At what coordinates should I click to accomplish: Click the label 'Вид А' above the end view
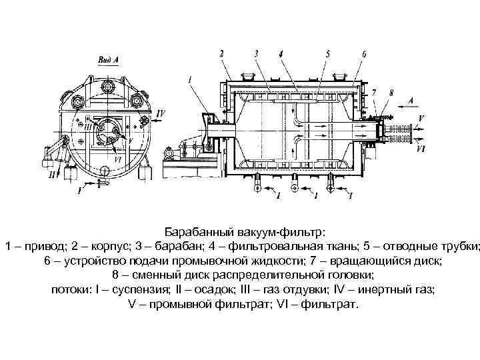click(x=108, y=59)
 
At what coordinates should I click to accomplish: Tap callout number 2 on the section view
click(x=222, y=53)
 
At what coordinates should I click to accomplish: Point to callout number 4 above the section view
click(x=281, y=53)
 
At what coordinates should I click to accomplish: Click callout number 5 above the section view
click(x=328, y=53)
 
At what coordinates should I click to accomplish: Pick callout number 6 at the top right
click(x=363, y=53)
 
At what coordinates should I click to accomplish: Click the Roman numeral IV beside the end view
click(x=161, y=114)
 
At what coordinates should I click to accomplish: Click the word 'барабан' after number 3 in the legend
click(x=185, y=247)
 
